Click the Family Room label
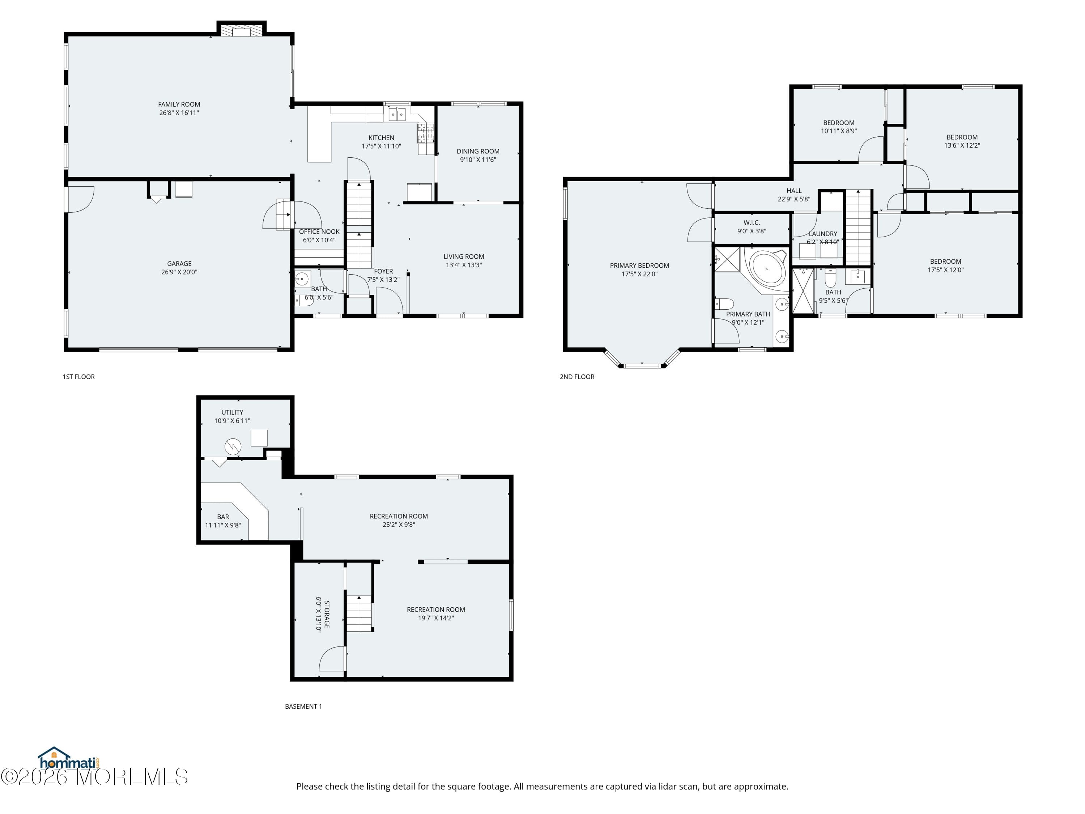(179, 105)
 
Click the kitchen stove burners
(425, 132)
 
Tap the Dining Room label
(478, 152)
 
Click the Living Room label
(464, 257)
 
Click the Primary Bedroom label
(639, 266)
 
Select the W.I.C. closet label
(752, 223)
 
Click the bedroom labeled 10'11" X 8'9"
(838, 127)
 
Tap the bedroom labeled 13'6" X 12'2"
(962, 141)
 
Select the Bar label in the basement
(223, 517)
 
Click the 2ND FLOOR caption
(577, 377)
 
